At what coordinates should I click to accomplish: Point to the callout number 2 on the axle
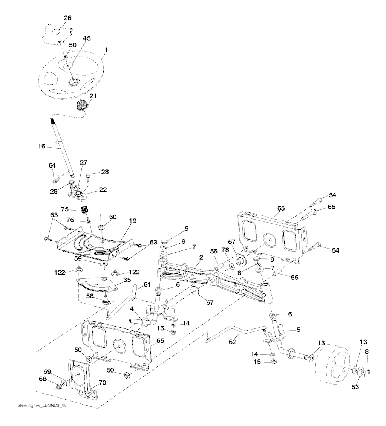coord(201,257)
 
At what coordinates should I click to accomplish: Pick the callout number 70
coord(103,383)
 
